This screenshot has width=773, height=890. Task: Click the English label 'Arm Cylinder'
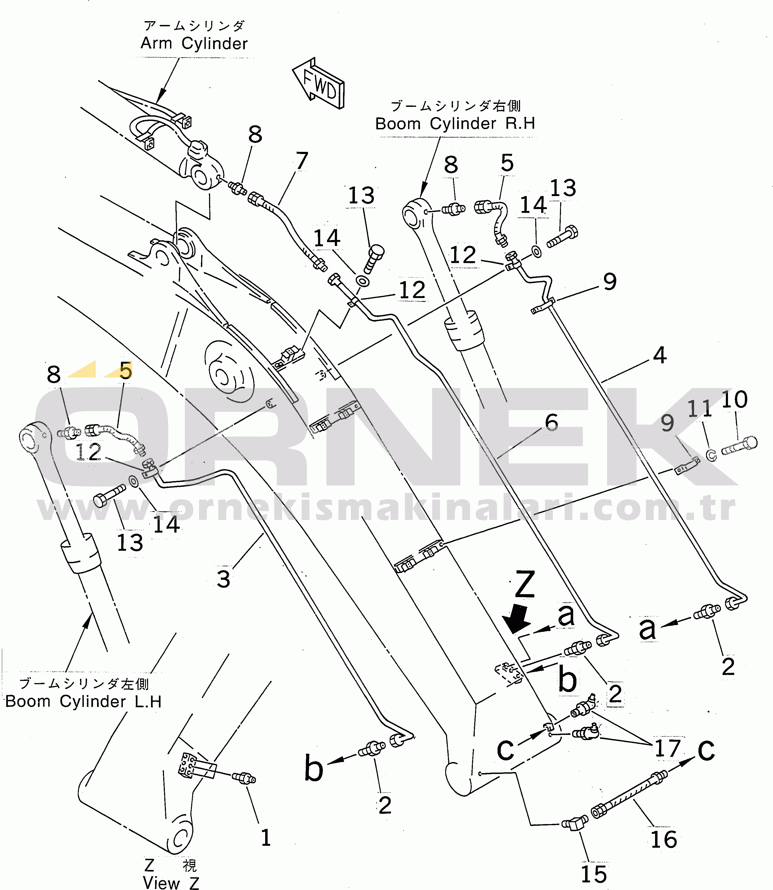(194, 44)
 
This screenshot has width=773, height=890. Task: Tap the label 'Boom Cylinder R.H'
(455, 124)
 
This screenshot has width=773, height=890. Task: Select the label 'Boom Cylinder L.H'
(83, 702)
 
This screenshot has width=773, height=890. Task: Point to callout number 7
(302, 161)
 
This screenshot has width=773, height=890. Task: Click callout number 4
(660, 355)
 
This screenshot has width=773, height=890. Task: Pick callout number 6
(552, 422)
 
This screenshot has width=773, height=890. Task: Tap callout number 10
(734, 399)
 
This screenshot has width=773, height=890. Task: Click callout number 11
(700, 409)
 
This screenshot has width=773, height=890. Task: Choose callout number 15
(594, 875)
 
